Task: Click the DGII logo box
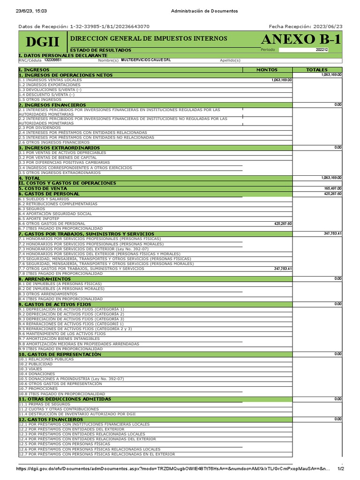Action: (43, 42)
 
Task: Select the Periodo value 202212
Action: (322, 50)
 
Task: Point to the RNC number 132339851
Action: (53, 60)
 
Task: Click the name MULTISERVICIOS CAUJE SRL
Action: (146, 60)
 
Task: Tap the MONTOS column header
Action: (267, 70)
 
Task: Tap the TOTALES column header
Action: (317, 70)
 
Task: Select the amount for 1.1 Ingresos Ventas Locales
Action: (281, 80)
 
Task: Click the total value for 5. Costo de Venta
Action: (332, 188)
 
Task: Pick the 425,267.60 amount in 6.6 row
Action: (283, 224)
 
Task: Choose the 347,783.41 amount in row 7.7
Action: (283, 269)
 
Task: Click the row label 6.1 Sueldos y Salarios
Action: (44, 199)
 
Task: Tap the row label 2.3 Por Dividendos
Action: (40, 127)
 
